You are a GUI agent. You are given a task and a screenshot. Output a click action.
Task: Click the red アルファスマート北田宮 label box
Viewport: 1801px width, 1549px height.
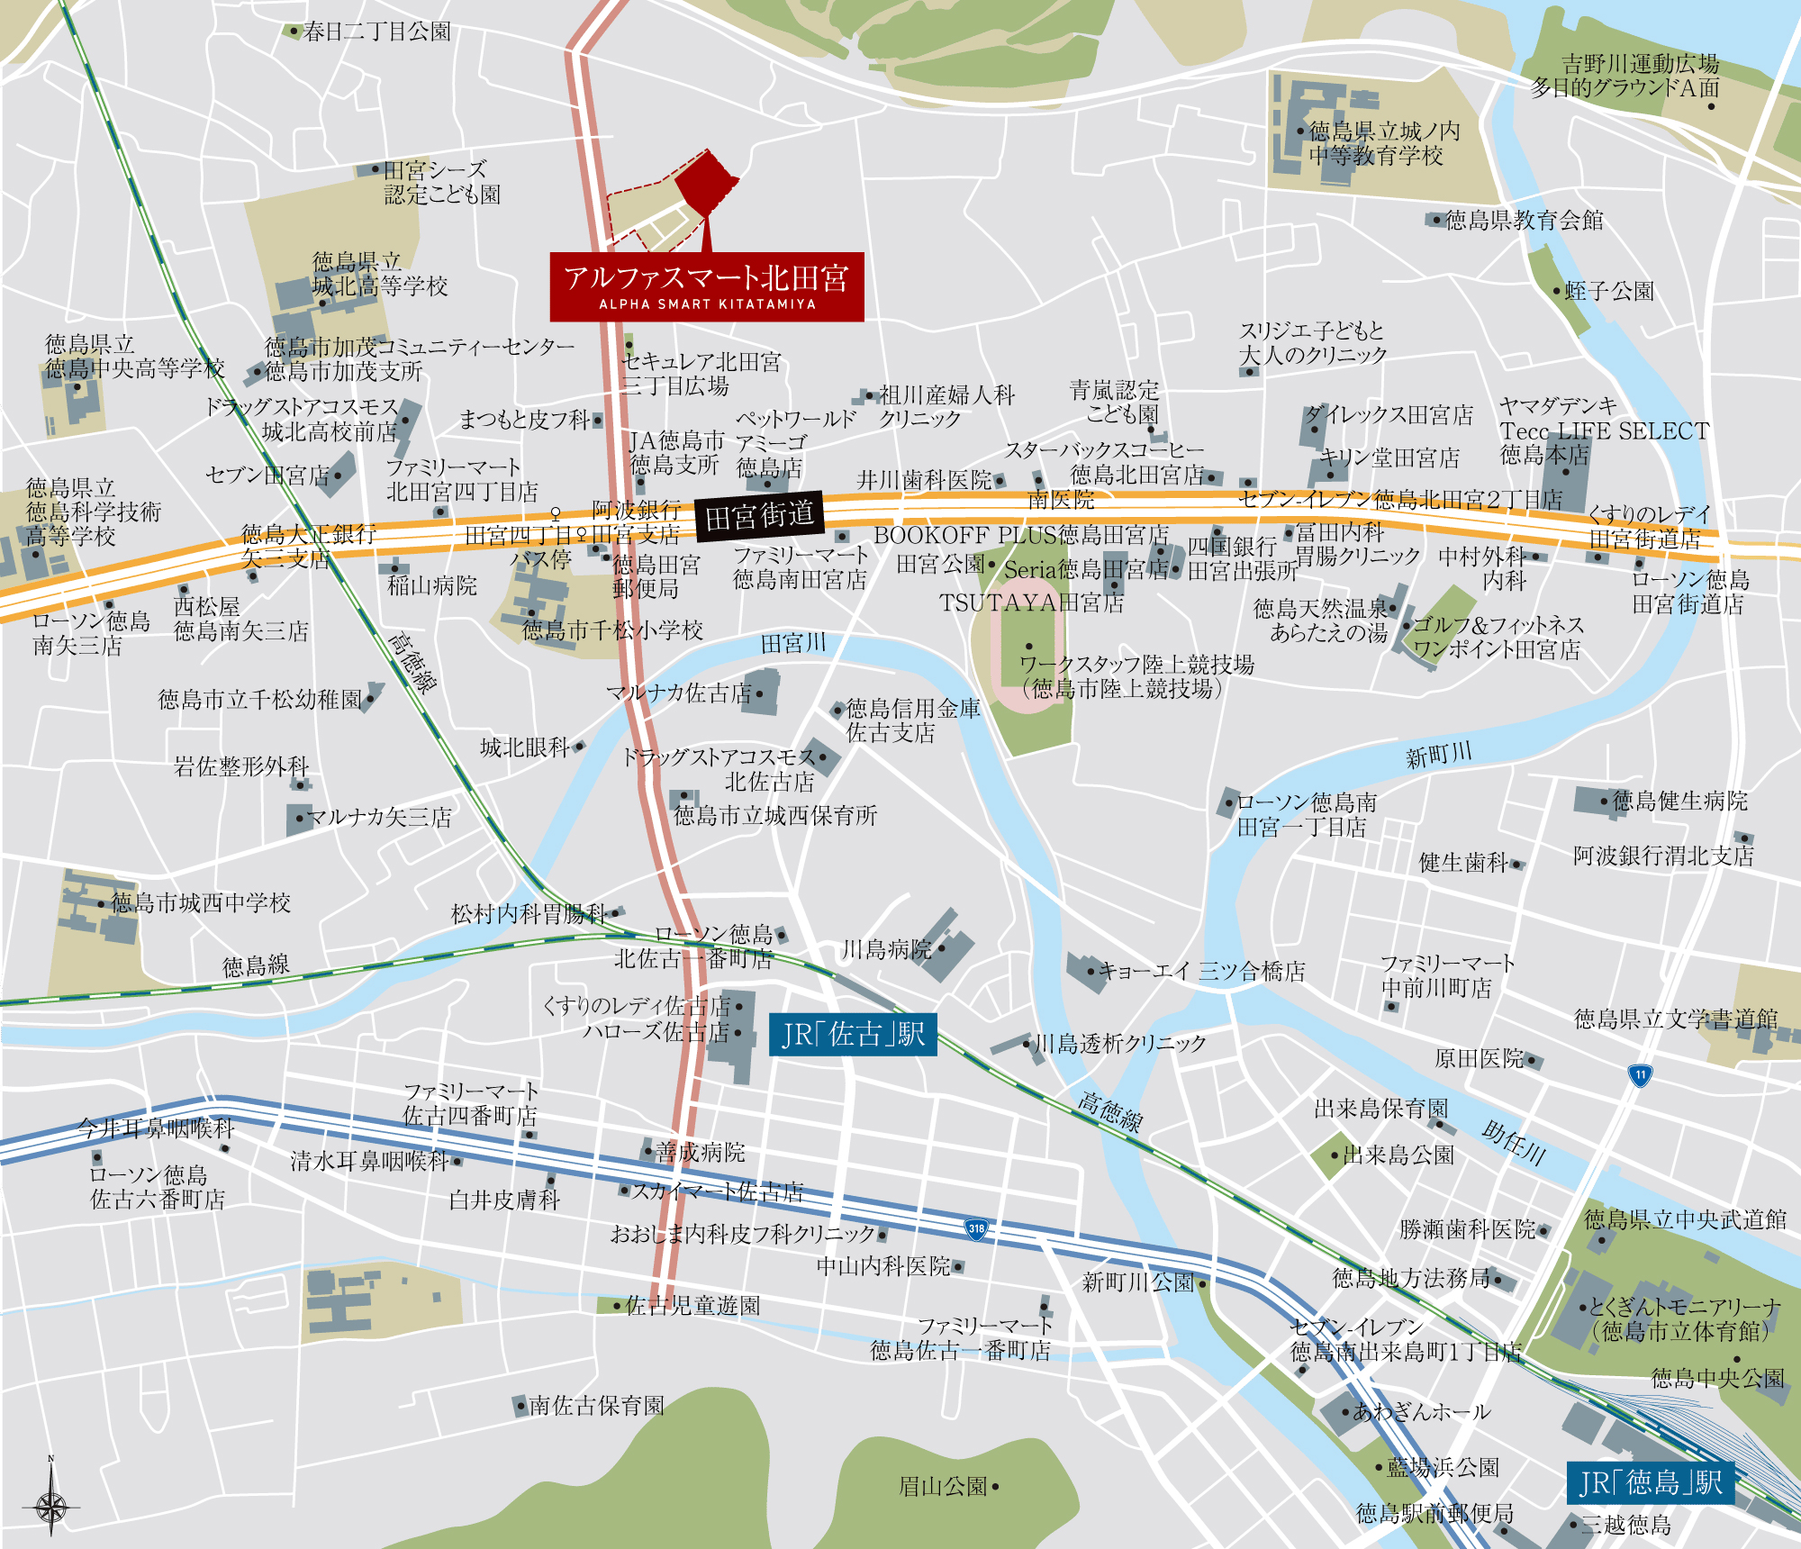(x=707, y=286)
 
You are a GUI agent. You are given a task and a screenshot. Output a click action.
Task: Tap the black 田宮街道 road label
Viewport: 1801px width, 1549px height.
(x=759, y=516)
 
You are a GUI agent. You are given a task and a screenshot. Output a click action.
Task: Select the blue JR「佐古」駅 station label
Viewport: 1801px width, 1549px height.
(x=853, y=1035)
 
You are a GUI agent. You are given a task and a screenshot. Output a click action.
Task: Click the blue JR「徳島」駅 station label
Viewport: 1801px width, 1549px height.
(x=1650, y=1482)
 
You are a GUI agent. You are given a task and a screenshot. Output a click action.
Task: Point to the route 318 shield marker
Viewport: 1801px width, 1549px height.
(x=976, y=1228)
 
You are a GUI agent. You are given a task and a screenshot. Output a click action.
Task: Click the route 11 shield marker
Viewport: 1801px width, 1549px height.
(x=1640, y=1074)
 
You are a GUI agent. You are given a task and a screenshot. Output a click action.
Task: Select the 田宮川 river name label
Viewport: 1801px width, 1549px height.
(x=792, y=643)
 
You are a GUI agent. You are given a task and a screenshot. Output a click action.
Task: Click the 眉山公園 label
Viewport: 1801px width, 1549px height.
(x=944, y=1486)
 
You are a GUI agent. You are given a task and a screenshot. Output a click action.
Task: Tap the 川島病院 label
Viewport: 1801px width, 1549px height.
(x=887, y=949)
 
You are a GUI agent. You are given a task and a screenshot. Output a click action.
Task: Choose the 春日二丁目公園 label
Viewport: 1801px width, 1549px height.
(x=376, y=32)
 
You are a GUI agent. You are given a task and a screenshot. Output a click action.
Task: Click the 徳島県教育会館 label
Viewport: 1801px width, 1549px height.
(x=1524, y=220)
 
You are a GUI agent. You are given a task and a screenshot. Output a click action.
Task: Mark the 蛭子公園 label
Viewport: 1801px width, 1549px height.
(x=1608, y=291)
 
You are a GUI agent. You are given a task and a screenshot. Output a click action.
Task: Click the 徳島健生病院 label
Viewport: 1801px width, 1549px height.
(x=1679, y=801)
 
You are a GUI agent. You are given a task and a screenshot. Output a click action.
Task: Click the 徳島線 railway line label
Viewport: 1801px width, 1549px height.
(x=256, y=965)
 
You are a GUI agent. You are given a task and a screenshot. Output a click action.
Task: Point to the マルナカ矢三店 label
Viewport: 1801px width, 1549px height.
(x=378, y=817)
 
